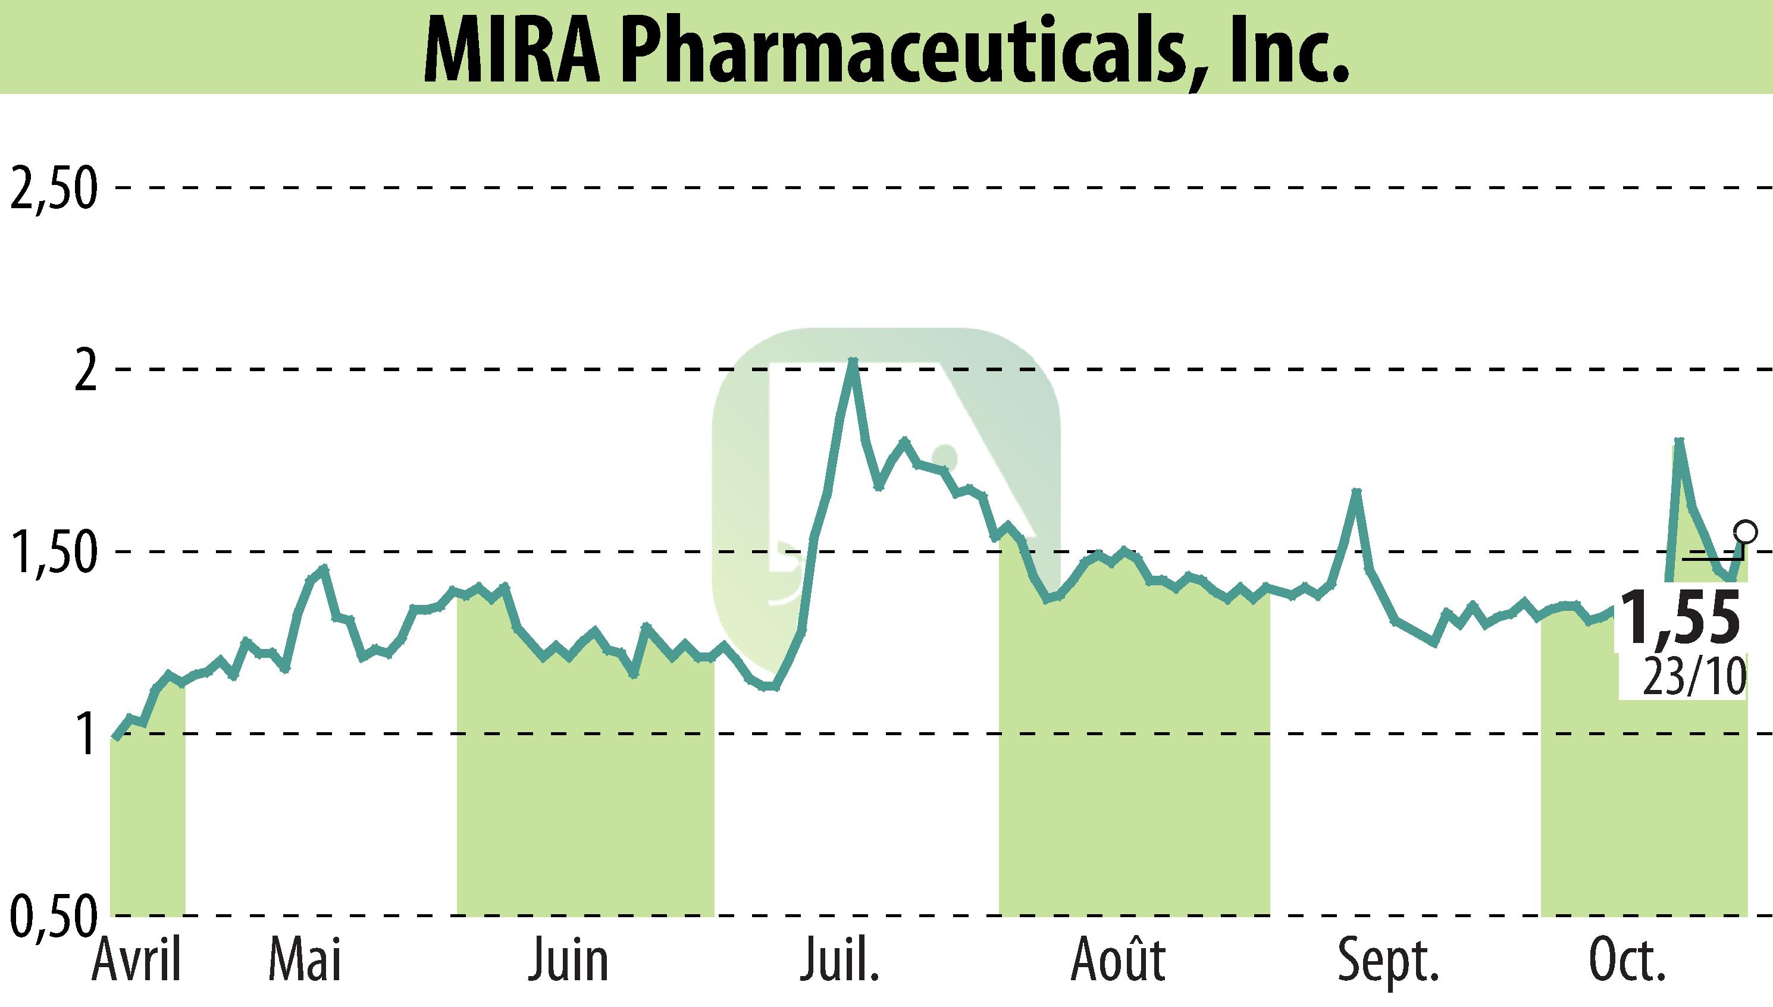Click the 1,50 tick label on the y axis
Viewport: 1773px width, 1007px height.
point(52,554)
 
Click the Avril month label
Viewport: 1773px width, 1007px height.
point(136,961)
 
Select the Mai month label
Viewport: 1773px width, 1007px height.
point(305,961)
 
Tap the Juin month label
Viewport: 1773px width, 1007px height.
point(568,961)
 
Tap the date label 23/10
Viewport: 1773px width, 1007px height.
point(1693,678)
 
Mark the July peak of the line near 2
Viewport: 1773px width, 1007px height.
point(853,361)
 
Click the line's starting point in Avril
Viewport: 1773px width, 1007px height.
point(116,738)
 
